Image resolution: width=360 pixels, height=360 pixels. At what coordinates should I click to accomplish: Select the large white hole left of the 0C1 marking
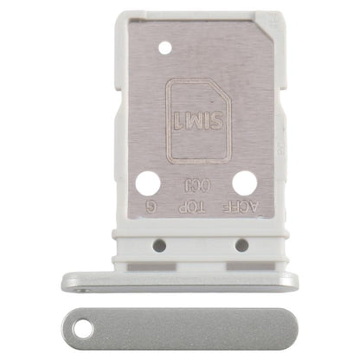click(x=148, y=183)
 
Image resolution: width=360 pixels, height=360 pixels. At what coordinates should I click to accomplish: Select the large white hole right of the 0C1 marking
click(x=244, y=183)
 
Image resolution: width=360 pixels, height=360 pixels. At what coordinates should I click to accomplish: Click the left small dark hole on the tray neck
click(x=159, y=245)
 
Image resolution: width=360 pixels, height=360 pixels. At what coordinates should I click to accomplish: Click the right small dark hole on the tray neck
click(x=241, y=245)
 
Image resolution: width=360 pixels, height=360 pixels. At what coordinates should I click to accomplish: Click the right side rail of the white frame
click(x=279, y=130)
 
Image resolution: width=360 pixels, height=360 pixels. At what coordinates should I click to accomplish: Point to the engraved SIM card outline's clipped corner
click(x=223, y=87)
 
